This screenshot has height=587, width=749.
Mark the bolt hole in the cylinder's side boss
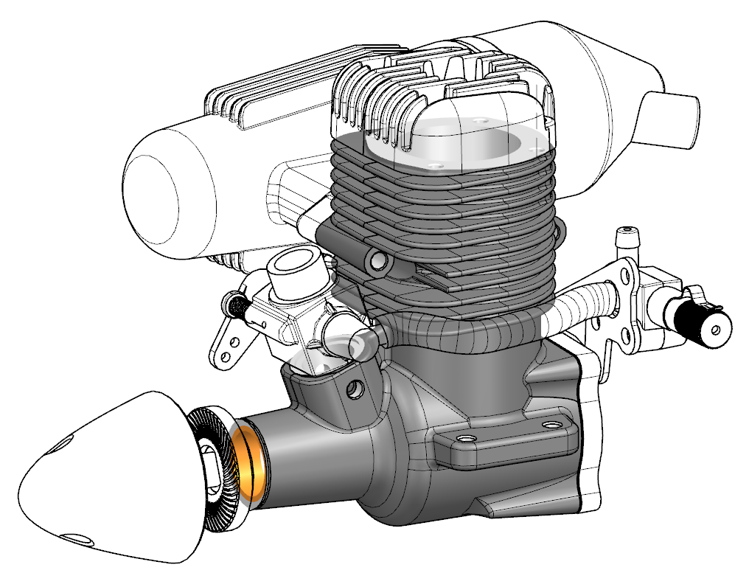click(x=379, y=260)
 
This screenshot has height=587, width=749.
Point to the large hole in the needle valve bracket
click(x=628, y=277)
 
